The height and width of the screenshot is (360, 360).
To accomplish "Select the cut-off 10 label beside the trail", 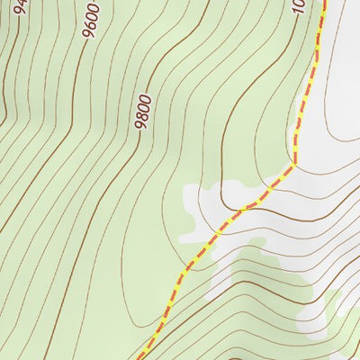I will pos(299,7).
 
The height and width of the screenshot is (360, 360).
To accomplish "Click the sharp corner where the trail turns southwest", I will pos(293,166).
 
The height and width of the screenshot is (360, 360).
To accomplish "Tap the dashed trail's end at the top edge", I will pos(324,2).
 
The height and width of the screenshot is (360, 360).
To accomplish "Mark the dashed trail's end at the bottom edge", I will pos(141,357).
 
